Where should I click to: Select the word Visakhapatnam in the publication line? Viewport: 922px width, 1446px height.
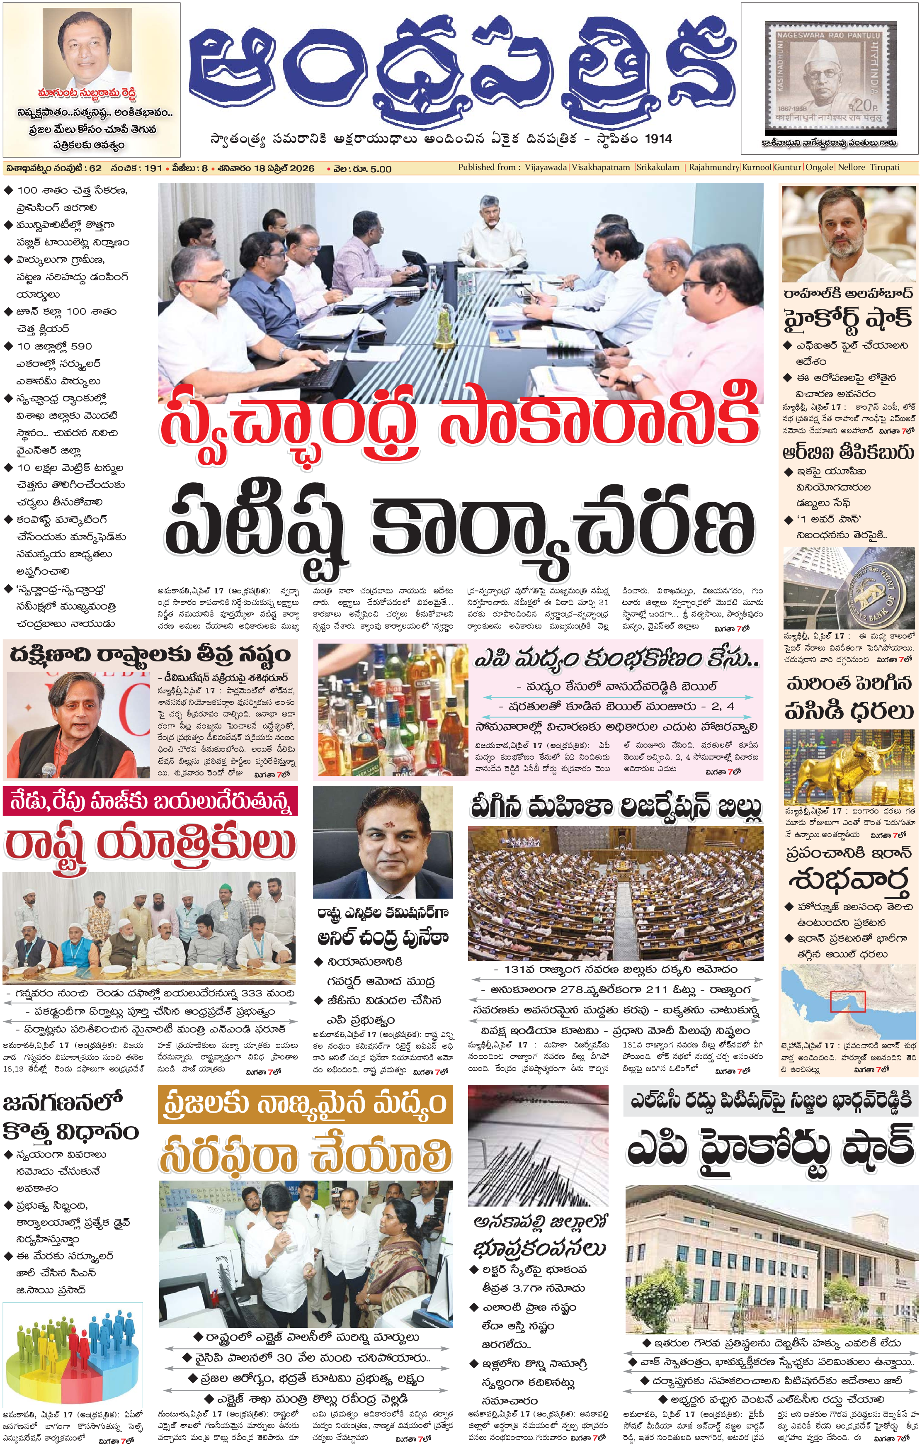[x=601, y=168]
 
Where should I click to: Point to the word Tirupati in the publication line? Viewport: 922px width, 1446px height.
[x=885, y=168]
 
